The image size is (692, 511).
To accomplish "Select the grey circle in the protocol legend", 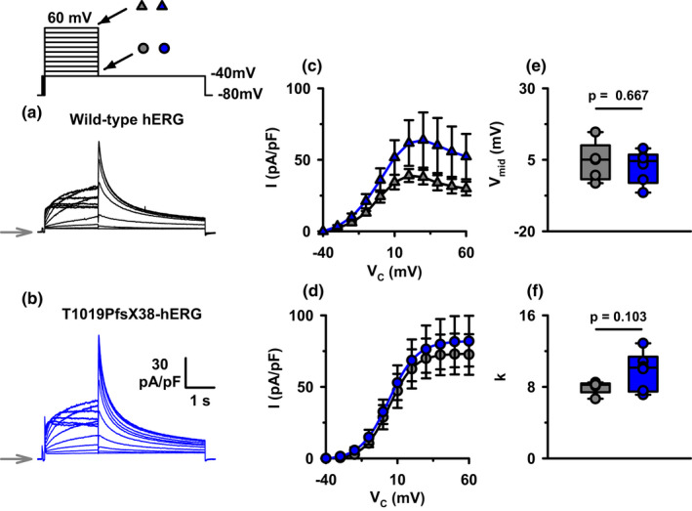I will coord(144,48).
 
